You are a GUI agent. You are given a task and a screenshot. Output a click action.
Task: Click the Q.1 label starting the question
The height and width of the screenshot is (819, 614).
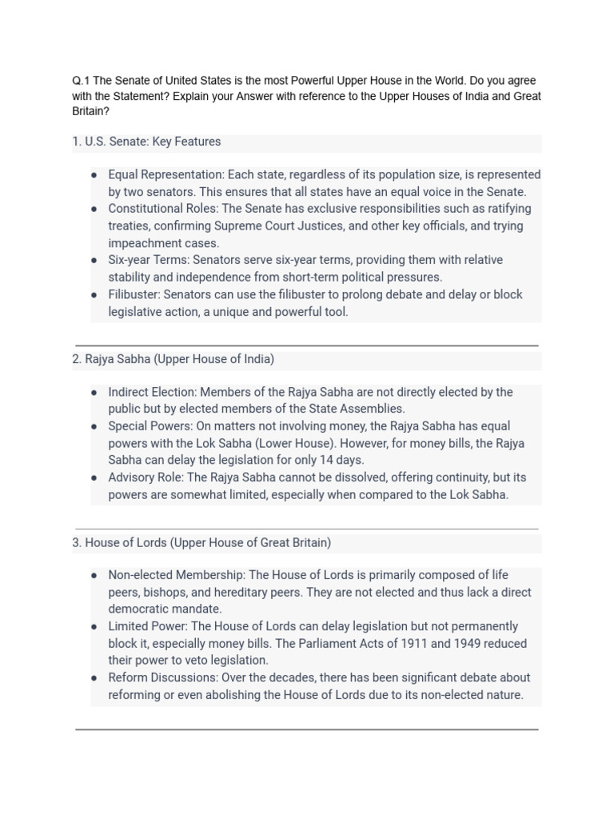[x=82, y=82]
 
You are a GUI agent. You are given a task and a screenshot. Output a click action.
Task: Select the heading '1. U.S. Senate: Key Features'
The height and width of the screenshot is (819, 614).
[x=146, y=142]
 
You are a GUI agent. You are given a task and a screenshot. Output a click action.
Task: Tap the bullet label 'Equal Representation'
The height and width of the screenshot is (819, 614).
[x=165, y=174]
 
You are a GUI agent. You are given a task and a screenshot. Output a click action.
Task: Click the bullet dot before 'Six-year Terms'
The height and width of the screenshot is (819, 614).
[x=94, y=261]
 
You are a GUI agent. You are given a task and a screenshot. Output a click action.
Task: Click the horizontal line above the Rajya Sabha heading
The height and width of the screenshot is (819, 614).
[x=306, y=346]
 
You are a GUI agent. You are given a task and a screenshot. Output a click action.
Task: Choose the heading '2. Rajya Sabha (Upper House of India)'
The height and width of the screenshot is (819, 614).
[x=173, y=359]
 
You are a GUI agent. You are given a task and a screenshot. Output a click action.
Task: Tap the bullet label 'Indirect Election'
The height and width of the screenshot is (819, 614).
[x=151, y=392]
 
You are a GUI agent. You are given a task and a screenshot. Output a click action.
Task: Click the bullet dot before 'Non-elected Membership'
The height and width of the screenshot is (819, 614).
[x=94, y=576]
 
